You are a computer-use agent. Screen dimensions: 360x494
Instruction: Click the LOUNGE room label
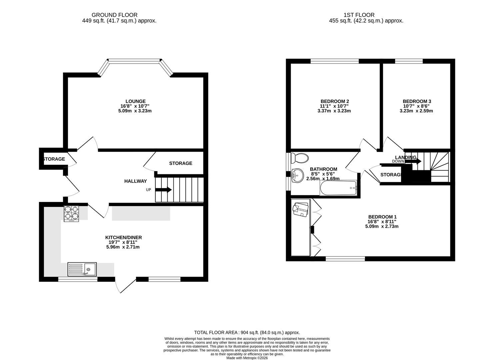(x=135, y=101)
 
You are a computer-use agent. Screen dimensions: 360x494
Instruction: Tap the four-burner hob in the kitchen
(x=71, y=214)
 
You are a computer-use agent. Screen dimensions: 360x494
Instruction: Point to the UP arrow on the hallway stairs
(x=163, y=190)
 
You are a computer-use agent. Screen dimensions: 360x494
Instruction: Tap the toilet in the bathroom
(x=300, y=158)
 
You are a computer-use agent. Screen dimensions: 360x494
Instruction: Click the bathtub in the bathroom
(x=338, y=188)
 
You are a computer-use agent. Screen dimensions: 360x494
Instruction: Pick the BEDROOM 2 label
(x=335, y=101)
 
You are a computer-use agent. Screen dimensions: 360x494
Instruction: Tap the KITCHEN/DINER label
(x=124, y=237)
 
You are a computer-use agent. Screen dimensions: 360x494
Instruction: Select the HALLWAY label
(x=135, y=181)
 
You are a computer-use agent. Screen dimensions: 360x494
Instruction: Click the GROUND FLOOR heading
(x=114, y=15)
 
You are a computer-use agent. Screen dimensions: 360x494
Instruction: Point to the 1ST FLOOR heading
(x=359, y=15)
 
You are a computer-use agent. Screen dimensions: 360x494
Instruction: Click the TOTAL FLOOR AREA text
(x=247, y=332)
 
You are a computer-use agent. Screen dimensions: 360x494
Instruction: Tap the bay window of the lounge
(x=135, y=61)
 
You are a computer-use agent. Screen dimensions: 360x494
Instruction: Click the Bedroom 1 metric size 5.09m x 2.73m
(x=382, y=226)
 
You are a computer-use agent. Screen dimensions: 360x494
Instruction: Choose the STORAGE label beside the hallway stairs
(x=180, y=163)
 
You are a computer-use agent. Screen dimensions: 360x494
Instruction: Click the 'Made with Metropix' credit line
(x=247, y=358)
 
